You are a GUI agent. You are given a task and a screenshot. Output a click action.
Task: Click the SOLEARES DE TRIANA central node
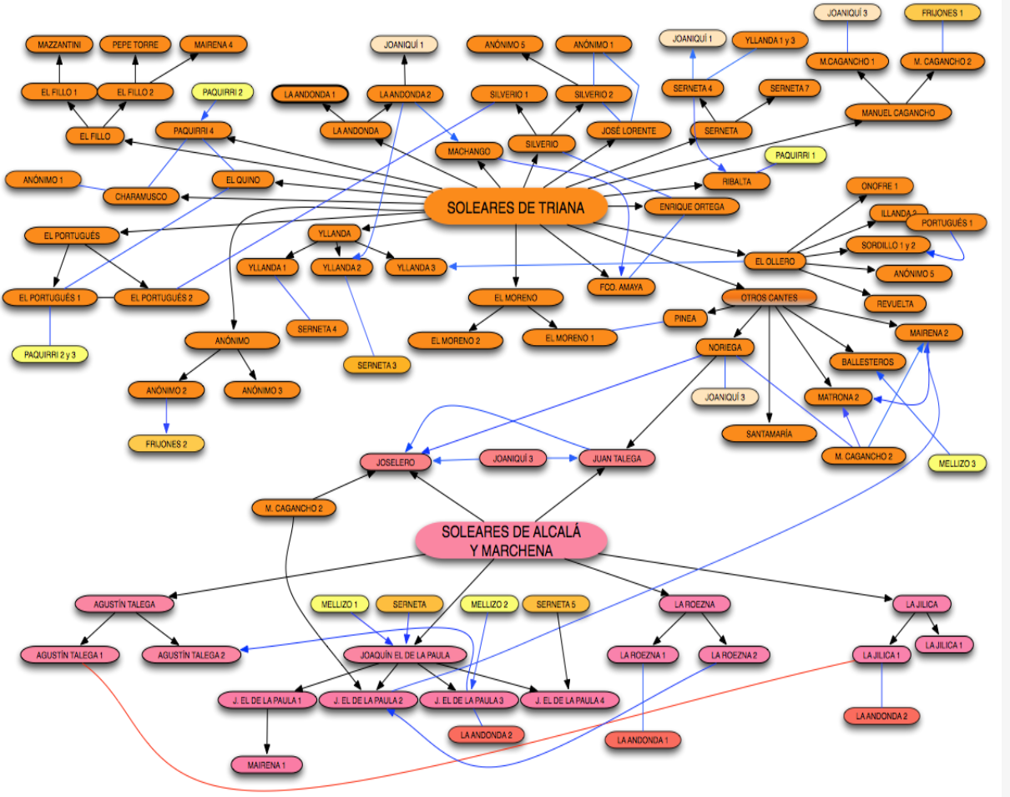pyautogui.click(x=515, y=208)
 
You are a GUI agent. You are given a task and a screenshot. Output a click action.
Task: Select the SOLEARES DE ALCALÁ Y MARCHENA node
pyautogui.click(x=510, y=541)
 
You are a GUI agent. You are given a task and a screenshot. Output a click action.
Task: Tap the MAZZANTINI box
pyautogui.click(x=59, y=44)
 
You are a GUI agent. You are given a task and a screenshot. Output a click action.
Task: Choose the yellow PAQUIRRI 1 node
pyautogui.click(x=800, y=155)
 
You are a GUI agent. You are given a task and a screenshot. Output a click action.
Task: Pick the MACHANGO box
pyautogui.click(x=469, y=151)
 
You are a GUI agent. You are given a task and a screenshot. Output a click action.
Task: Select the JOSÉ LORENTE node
pyautogui.click(x=629, y=130)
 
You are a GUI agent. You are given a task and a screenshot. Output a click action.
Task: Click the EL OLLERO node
pyautogui.click(x=775, y=261)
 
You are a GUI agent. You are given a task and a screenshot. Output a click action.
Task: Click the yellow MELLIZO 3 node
pyautogui.click(x=957, y=463)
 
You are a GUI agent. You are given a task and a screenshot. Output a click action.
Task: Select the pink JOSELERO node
pyautogui.click(x=396, y=461)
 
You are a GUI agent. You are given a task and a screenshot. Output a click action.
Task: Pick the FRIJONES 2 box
pyautogui.click(x=166, y=444)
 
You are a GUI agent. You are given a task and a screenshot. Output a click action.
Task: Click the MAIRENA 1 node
pyautogui.click(x=267, y=764)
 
